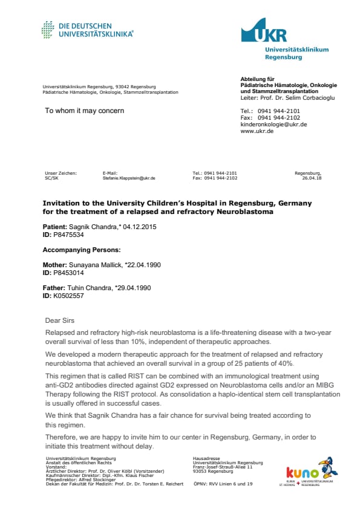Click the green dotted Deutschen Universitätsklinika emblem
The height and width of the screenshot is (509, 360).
tap(48, 29)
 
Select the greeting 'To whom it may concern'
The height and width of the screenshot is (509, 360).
tap(85, 111)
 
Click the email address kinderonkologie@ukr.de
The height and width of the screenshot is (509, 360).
tap(273, 124)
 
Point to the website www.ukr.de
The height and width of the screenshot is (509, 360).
tap(257, 131)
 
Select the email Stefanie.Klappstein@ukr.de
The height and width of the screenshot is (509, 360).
tap(129, 178)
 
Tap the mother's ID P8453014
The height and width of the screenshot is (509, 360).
tap(70, 273)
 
